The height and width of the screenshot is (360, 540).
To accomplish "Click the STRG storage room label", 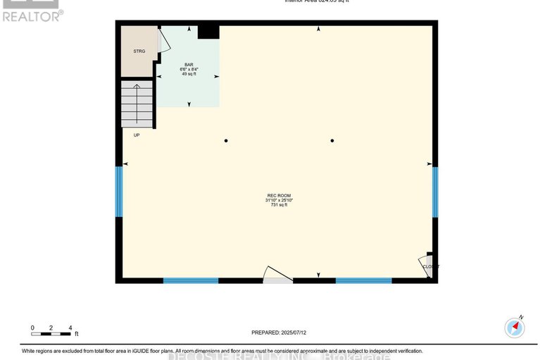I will point(139,51).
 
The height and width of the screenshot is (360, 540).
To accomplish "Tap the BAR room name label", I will point(189,64).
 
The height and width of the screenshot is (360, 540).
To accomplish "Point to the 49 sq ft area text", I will point(189,74).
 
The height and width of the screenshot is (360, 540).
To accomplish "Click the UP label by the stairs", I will point(137,135).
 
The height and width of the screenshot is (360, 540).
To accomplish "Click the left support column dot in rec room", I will point(226,141).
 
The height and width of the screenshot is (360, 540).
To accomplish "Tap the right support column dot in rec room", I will point(332,141).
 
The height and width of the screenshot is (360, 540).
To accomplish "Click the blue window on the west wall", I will point(119,192).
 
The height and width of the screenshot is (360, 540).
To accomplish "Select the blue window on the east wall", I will point(435,192).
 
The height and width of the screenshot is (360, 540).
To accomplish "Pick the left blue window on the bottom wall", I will point(191,280).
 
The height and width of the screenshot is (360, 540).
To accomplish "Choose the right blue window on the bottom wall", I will point(363,280).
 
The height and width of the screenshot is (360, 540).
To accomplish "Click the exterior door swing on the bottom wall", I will point(277,275).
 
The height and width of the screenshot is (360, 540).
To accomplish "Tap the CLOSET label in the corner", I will point(430,266).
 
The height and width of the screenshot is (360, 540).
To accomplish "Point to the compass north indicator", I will point(515,328).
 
